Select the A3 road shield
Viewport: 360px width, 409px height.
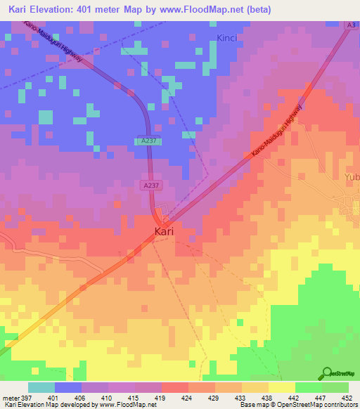[351, 25]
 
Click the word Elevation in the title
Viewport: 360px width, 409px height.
[63, 8]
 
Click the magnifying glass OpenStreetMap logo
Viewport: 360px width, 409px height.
[327, 374]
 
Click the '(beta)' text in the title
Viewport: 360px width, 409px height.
[259, 8]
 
